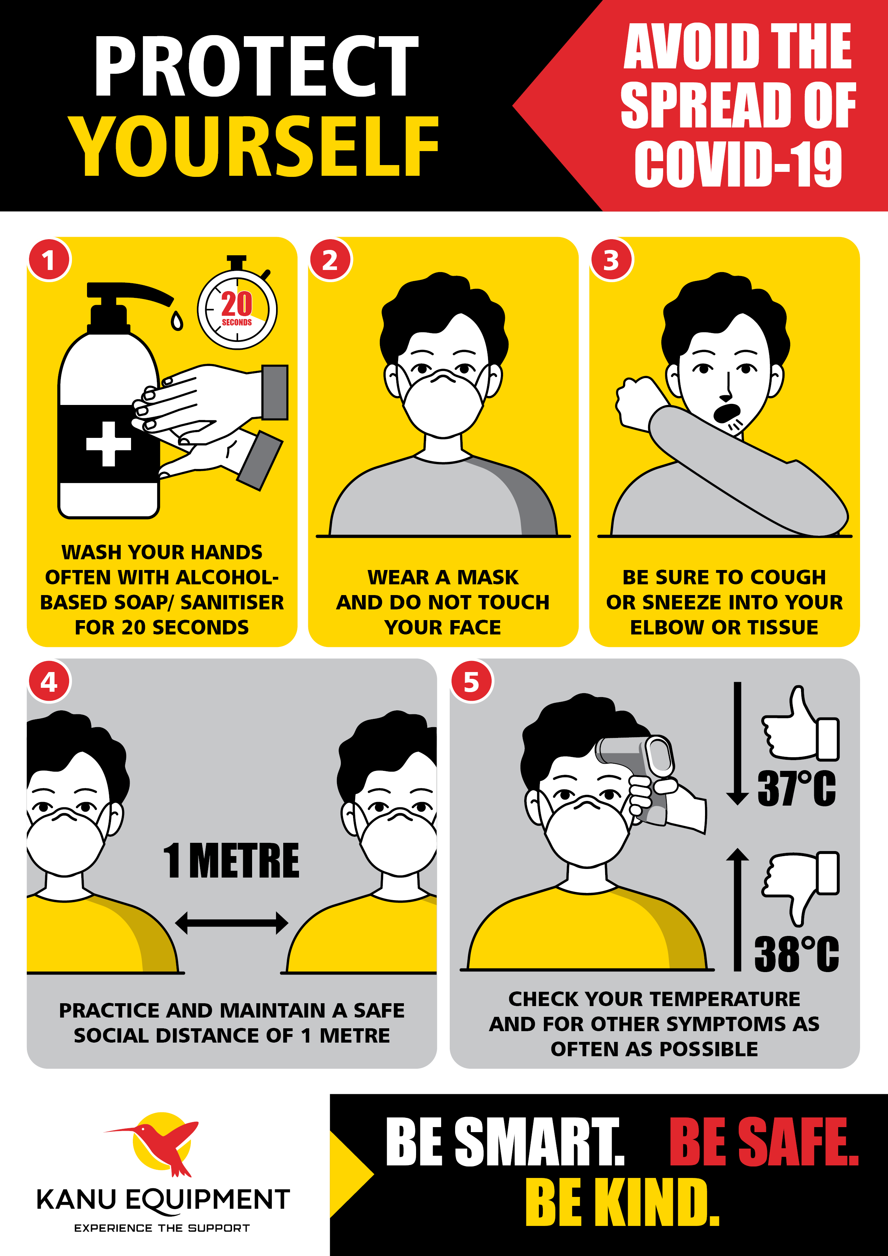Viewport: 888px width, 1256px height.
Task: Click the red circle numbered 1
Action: [49, 260]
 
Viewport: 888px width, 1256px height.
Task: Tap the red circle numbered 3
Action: [611, 260]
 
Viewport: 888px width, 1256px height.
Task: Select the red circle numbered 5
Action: [471, 682]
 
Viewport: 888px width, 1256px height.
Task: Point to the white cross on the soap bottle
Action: [108, 444]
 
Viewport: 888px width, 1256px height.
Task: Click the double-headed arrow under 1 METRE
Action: [231, 922]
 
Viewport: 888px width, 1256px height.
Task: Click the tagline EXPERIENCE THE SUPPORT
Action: [162, 1228]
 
